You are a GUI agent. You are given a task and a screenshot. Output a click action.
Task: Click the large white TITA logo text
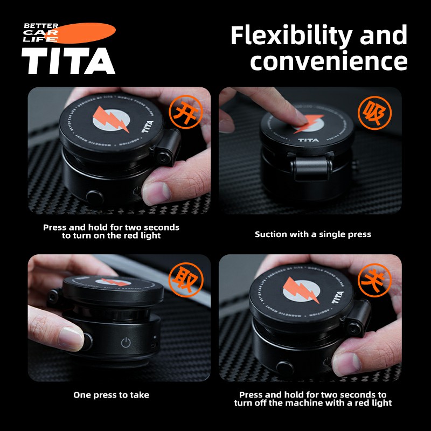(x=68, y=60)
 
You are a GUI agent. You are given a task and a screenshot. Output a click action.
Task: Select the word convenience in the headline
(x=329, y=61)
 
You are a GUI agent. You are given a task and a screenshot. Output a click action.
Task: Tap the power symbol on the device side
(x=126, y=343)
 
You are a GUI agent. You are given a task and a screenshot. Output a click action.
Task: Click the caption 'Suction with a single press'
(x=313, y=234)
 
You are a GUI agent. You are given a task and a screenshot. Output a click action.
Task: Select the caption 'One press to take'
(x=111, y=395)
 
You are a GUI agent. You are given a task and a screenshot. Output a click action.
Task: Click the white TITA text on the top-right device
(x=309, y=140)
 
